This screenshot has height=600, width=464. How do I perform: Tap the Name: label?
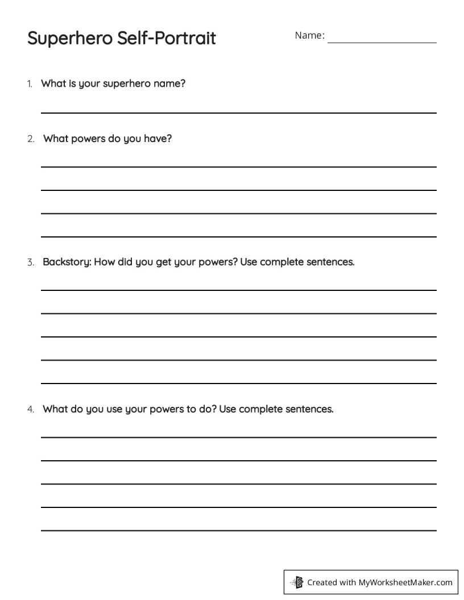point(309,36)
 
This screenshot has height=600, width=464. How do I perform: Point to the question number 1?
point(30,84)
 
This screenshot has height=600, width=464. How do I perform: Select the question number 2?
point(31,139)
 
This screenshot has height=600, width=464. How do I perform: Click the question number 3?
point(31,262)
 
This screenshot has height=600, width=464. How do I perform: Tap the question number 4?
point(31,409)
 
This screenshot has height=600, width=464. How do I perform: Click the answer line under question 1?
point(239,113)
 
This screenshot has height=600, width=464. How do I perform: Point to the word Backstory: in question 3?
point(67,262)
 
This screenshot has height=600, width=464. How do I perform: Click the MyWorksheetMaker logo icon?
point(296,582)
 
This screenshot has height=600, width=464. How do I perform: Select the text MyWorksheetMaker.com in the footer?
point(405,582)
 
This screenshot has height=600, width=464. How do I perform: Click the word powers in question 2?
point(88,139)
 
